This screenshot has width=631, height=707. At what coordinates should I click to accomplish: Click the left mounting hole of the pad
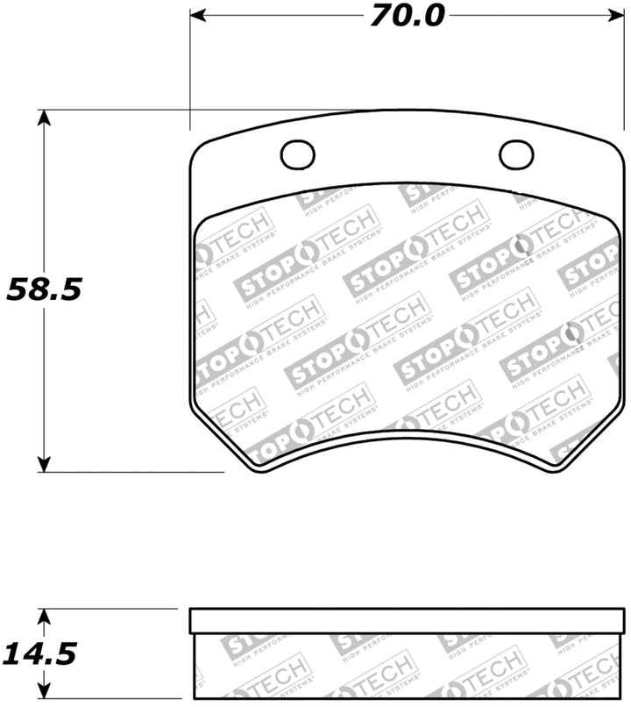pyautogui.click(x=297, y=155)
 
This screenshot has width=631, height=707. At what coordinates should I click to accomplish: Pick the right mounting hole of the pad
pyautogui.click(x=516, y=155)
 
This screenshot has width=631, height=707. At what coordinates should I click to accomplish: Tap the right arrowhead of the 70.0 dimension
pyautogui.click(x=613, y=15)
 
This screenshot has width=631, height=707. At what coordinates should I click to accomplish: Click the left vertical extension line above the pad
pyautogui.click(x=190, y=70)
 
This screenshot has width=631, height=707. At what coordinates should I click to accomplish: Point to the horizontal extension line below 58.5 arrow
pyautogui.click(x=131, y=473)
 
